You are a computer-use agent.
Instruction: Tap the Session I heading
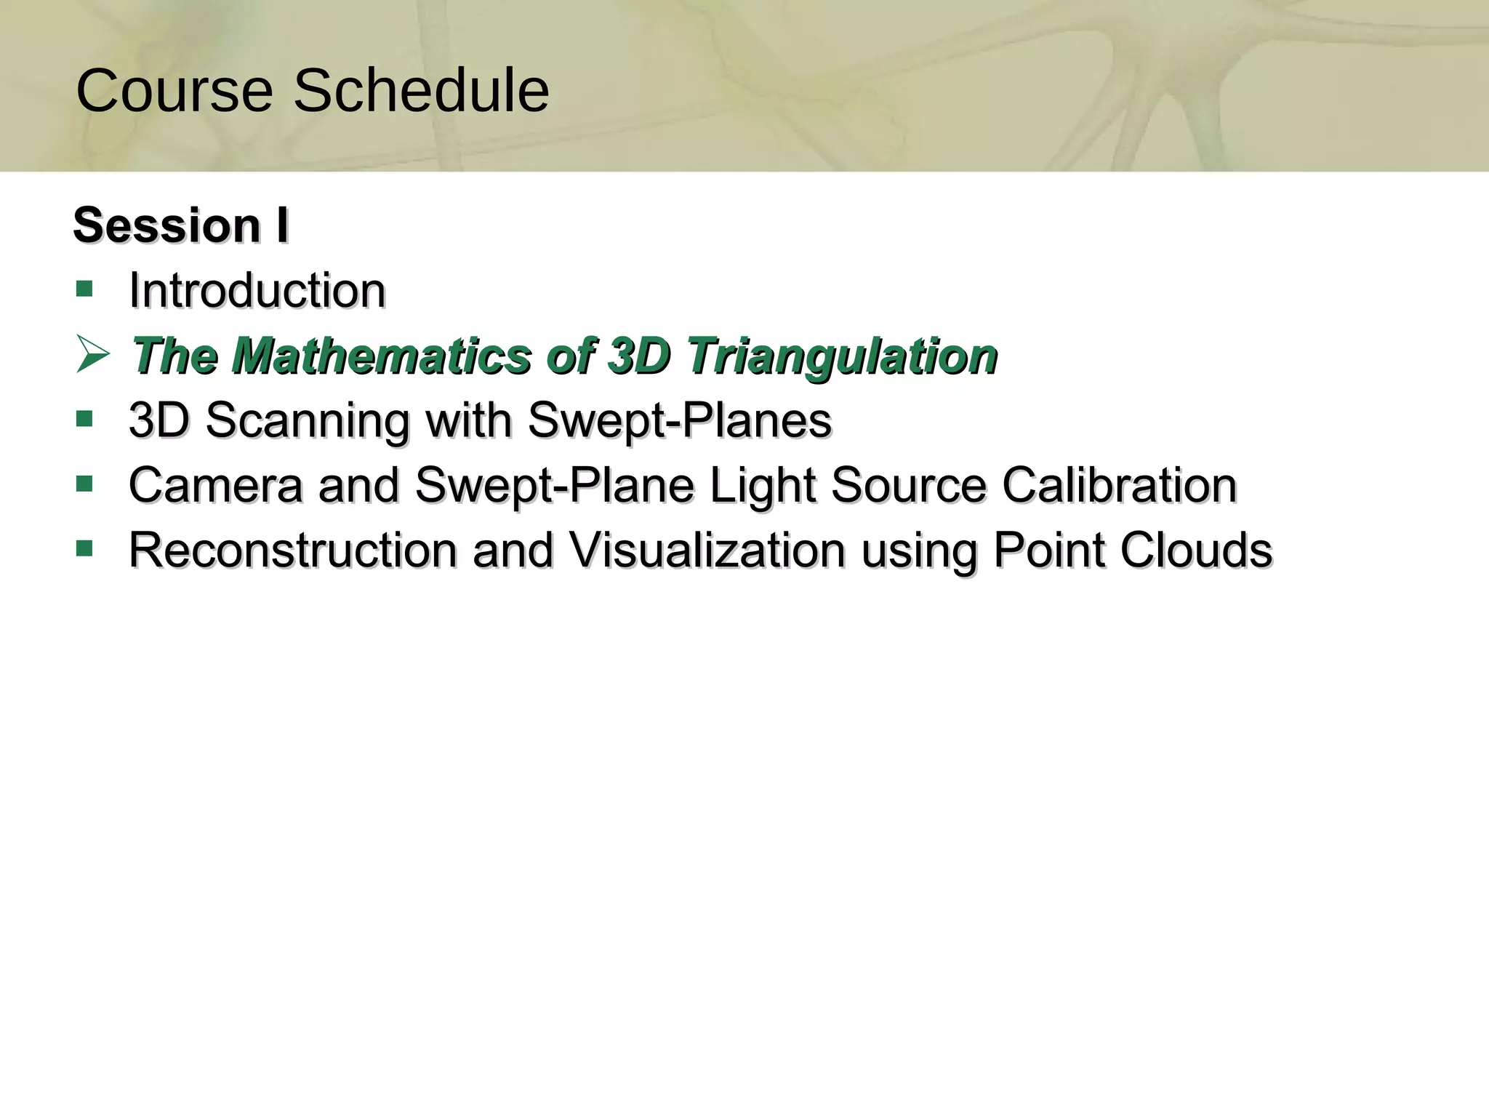coord(181,225)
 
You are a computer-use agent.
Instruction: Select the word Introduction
coord(257,290)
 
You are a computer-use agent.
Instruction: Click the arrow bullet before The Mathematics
coord(92,356)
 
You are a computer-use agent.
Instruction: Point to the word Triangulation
coord(842,356)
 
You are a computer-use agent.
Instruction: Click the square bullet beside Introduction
coord(84,289)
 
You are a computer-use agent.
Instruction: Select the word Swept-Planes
coord(679,420)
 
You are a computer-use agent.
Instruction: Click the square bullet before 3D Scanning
coord(84,419)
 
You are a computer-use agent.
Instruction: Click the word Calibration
coord(1119,485)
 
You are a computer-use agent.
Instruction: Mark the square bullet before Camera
coord(84,484)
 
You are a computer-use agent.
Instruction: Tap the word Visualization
coord(707,550)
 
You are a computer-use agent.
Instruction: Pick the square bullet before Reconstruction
coord(84,548)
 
